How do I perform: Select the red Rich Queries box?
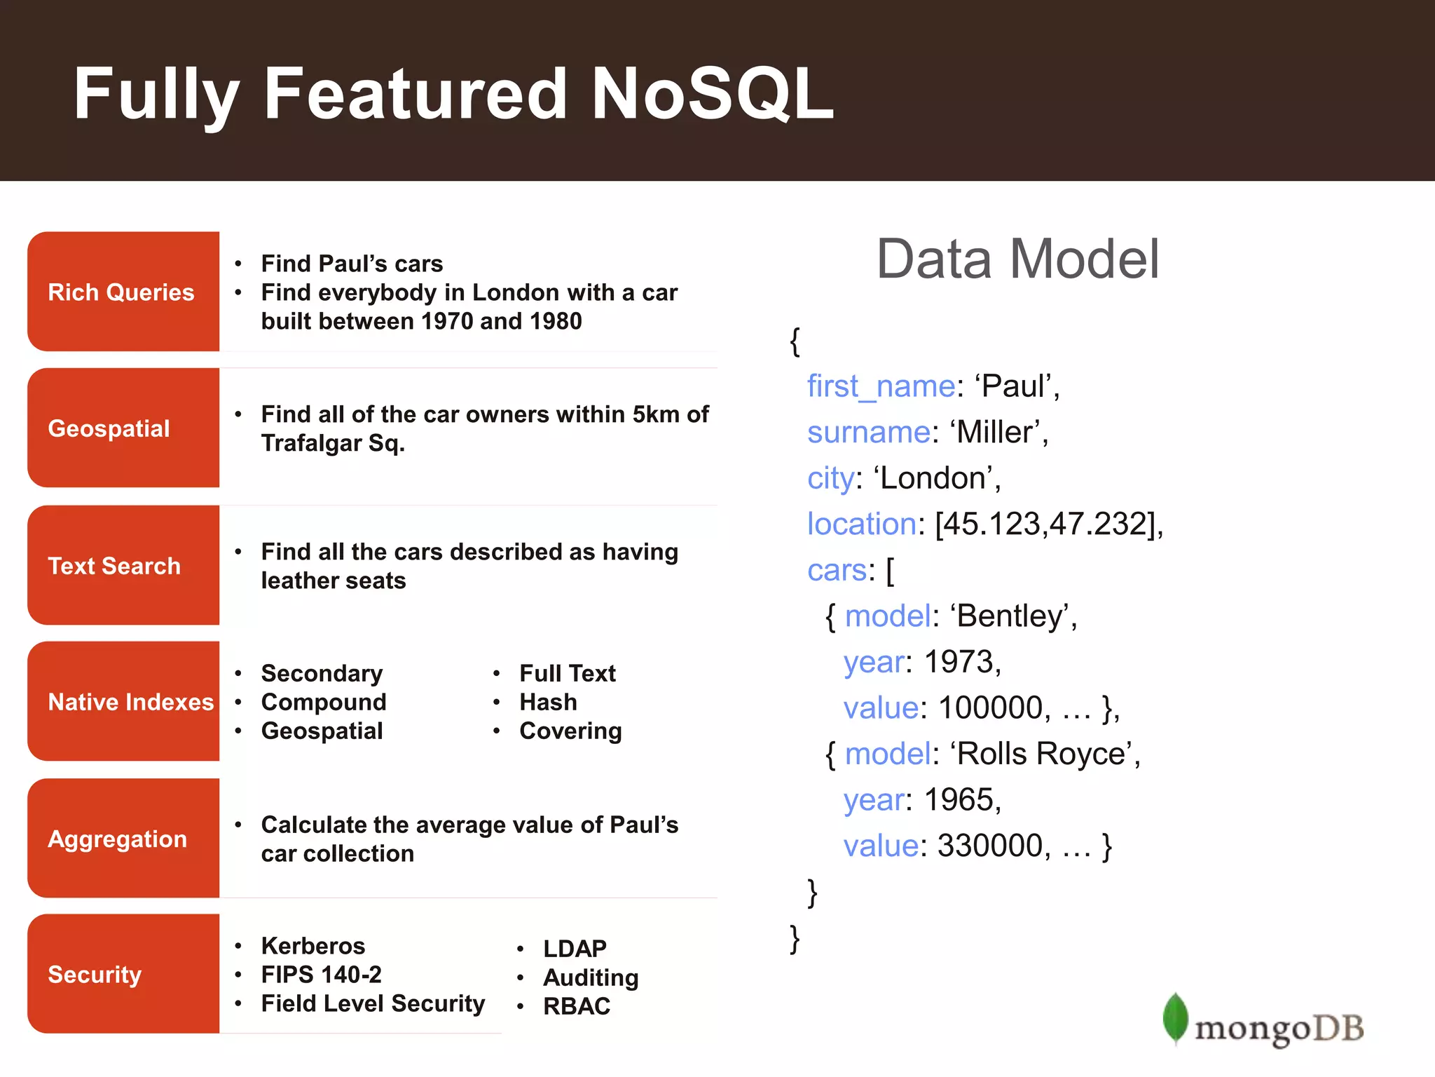(x=123, y=292)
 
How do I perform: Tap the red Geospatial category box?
(x=123, y=428)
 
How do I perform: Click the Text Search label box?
(x=123, y=565)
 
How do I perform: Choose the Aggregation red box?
(x=123, y=839)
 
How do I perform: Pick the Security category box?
(x=123, y=974)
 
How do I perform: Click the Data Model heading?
(x=1017, y=259)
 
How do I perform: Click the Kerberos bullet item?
(x=313, y=946)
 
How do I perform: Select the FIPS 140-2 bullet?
(x=321, y=975)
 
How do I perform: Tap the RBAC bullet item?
(x=577, y=1006)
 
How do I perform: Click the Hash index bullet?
(x=548, y=702)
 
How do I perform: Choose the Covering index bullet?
(x=570, y=731)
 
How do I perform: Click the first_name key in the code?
(x=881, y=386)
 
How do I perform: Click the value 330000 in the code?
(x=989, y=846)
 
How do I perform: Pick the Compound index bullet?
(x=323, y=702)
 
